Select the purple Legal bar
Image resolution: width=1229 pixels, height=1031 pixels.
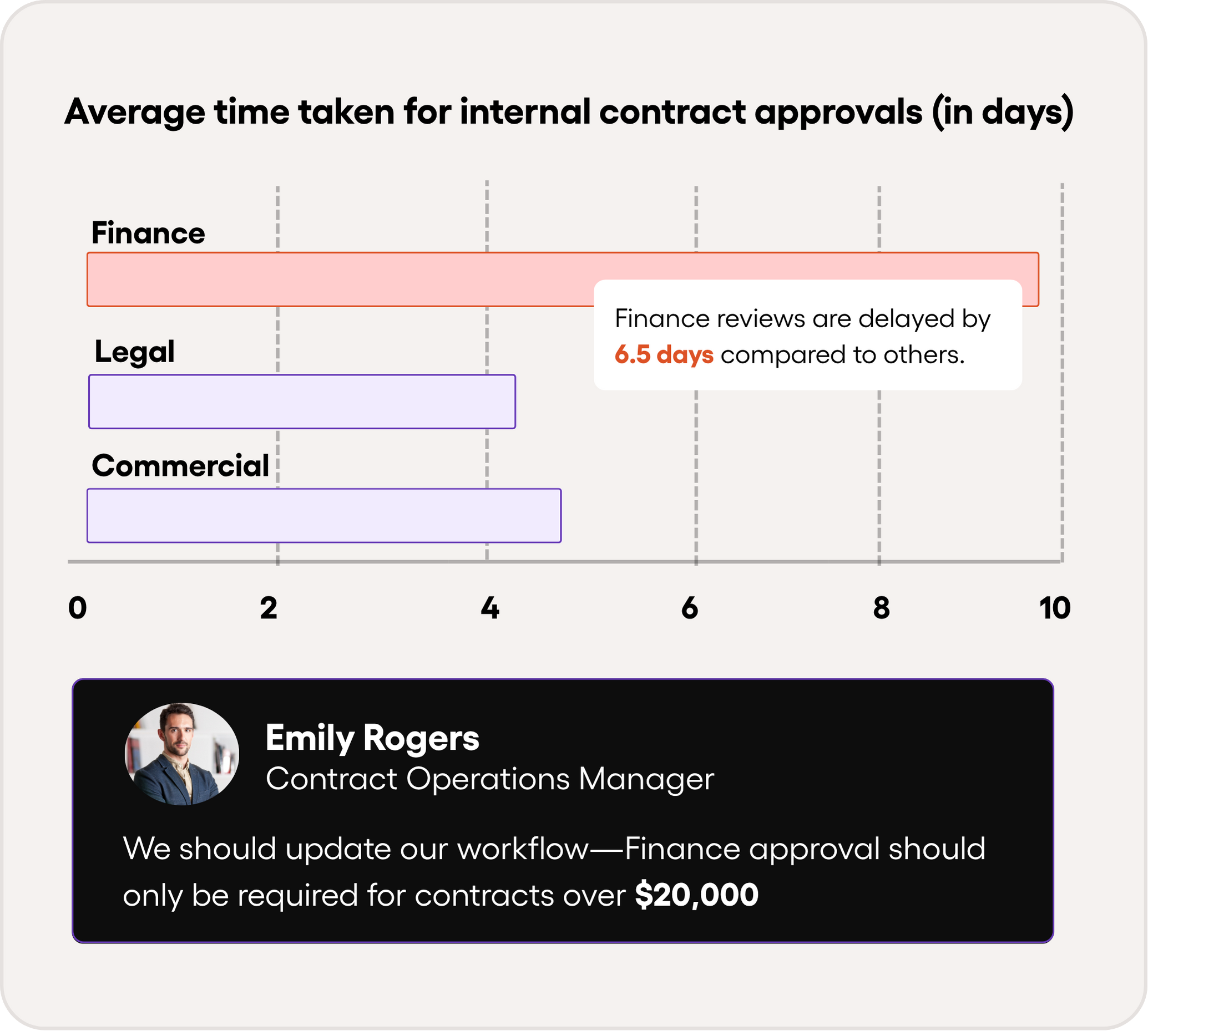pos(302,402)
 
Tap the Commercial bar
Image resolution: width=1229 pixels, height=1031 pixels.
pos(323,516)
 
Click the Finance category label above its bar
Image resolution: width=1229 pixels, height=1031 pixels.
pos(148,233)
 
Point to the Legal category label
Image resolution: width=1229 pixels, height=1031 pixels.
pos(135,352)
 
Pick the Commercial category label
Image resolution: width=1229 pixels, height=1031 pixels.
pos(180,466)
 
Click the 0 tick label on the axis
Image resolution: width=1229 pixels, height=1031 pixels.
pos(77,608)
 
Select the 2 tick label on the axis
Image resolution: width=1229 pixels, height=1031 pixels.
pos(269,608)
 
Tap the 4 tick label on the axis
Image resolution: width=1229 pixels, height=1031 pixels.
pos(490,608)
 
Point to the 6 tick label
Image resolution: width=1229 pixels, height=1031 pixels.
pos(690,608)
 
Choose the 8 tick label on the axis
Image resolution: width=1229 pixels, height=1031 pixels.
pos(881,608)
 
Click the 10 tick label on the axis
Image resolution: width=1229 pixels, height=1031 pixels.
pos(1055,608)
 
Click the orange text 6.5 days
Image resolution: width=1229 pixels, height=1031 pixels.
pos(664,354)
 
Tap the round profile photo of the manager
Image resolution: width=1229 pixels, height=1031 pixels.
pos(182,754)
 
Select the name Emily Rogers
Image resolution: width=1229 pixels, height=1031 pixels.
pos(372,737)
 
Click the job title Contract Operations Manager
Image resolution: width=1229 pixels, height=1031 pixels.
pos(490,779)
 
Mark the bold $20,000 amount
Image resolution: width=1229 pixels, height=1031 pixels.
pos(696,895)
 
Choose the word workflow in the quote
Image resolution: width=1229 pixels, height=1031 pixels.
pos(523,849)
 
